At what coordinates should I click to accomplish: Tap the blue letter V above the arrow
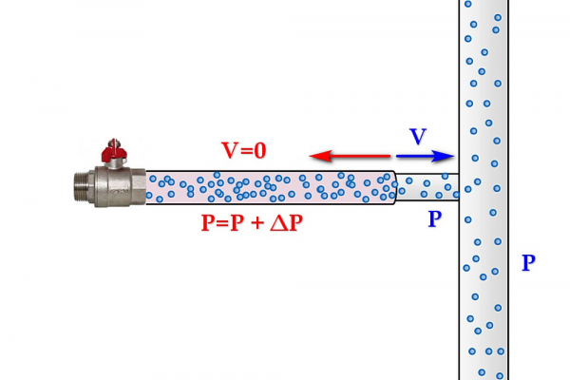click(x=418, y=137)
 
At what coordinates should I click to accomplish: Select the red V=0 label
click(x=245, y=150)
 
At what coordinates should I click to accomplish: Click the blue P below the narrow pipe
click(x=433, y=219)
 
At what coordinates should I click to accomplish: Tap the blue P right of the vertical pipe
click(x=528, y=263)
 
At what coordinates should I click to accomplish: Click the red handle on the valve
click(x=113, y=152)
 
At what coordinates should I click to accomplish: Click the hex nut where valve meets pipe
click(x=138, y=185)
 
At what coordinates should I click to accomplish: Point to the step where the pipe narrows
click(x=395, y=186)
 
